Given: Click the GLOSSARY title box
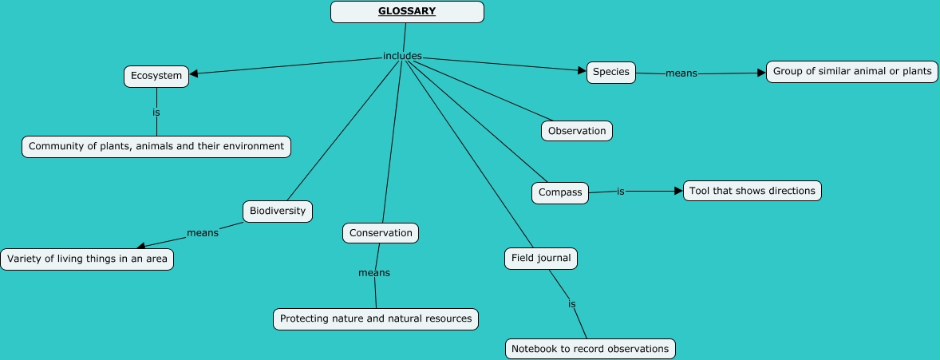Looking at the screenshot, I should tap(407, 12).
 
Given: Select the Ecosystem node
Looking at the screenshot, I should tap(156, 77).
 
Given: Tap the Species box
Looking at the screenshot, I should tap(611, 72).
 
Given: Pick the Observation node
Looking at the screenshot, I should tap(577, 131).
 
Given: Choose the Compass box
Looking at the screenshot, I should tap(560, 192).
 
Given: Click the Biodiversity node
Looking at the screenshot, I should tap(277, 212).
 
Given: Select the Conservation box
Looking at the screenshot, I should tap(381, 233).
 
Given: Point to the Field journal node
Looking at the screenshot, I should tap(540, 259).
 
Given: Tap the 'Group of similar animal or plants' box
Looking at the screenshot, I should tap(851, 72).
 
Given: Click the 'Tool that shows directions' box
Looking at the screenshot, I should tap(752, 191).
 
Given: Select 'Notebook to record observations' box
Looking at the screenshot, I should tap(590, 349).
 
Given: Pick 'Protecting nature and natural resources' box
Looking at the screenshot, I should tap(375, 318).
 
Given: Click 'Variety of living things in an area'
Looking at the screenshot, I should tap(87, 259).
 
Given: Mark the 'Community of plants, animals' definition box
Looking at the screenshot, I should tap(156, 147).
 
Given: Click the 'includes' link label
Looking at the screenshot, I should tap(402, 56).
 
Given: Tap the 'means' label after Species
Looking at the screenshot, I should tap(681, 73).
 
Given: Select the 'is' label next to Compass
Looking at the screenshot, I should tap(620, 192).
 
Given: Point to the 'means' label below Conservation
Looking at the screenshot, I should tap(374, 273).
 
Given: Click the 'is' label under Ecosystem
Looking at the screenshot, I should tap(156, 113).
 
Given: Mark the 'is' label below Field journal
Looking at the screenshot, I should tap(572, 304).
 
